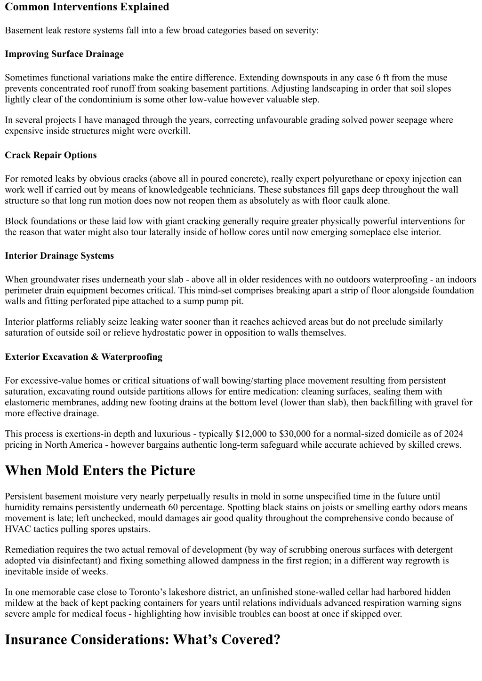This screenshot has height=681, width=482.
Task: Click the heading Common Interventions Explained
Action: pyautogui.click(x=87, y=7)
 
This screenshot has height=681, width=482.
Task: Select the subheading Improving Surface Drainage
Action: pyautogui.click(x=64, y=54)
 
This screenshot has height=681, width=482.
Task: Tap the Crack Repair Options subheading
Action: pyautogui.click(x=51, y=155)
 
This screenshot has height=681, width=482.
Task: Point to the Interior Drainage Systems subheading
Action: pyautogui.click(x=59, y=256)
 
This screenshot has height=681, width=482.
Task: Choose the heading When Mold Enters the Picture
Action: pyautogui.click(x=100, y=471)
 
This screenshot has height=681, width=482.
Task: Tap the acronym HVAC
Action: pyautogui.click(x=17, y=529)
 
